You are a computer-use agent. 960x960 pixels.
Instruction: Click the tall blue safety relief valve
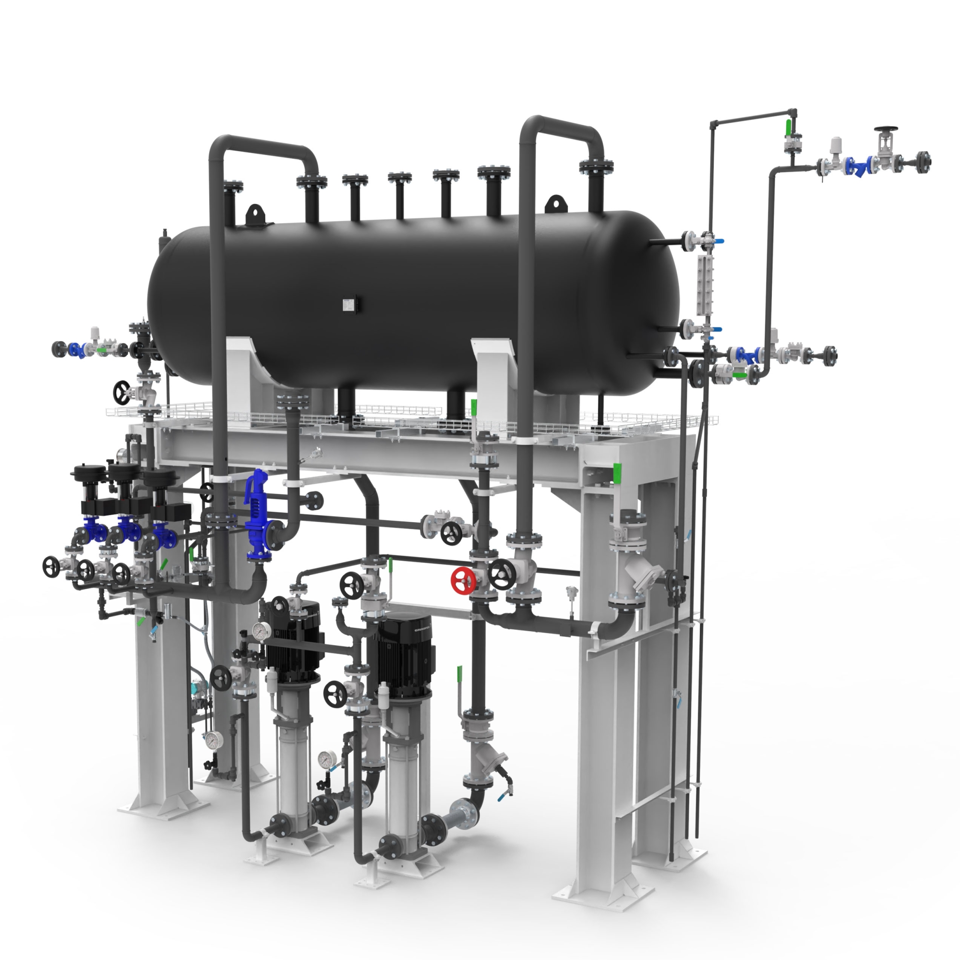tap(257, 517)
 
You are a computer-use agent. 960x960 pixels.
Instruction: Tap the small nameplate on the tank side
tap(352, 304)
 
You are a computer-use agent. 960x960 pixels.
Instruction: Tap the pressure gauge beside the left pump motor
tap(260, 632)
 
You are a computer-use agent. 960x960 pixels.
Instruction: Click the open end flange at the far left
tap(59, 349)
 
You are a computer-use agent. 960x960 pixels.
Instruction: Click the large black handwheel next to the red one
tap(502, 574)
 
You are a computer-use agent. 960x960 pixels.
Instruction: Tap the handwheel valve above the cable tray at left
tap(122, 393)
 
